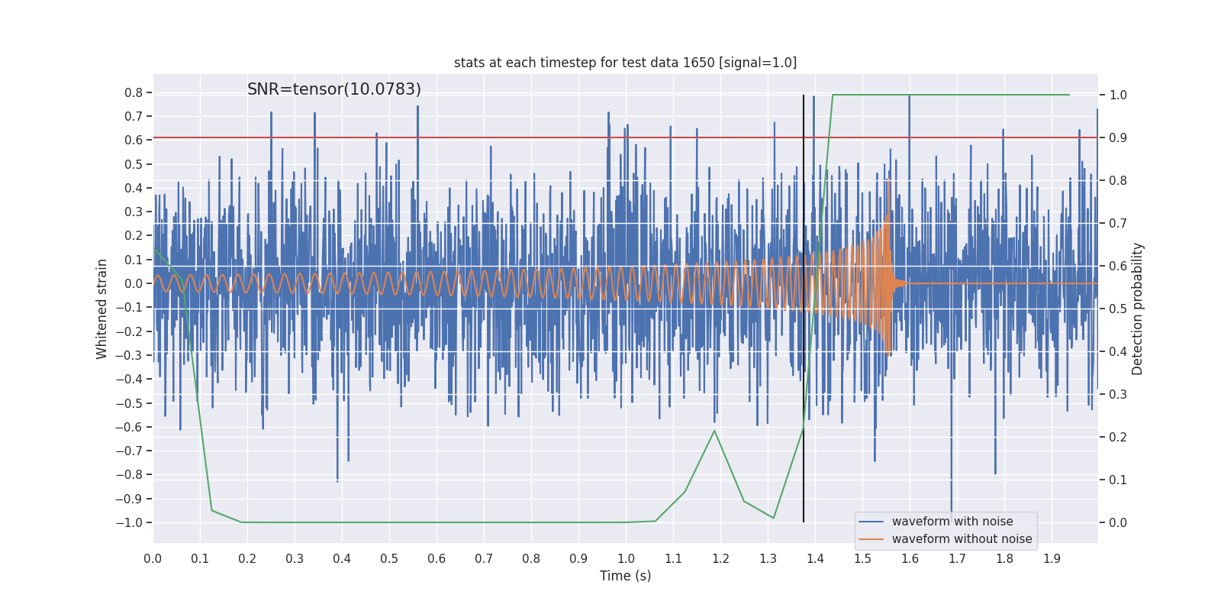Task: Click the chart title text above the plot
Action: click(x=625, y=63)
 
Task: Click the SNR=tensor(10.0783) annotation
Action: click(x=333, y=89)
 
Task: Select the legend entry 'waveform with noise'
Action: click(x=952, y=522)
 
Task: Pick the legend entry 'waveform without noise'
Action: click(x=962, y=539)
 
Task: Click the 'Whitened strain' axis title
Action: click(x=102, y=309)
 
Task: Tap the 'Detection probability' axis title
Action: click(x=1138, y=309)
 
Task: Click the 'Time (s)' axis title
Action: click(x=625, y=576)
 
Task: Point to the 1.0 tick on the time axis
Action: click(x=626, y=558)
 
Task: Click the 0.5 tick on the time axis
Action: click(x=389, y=558)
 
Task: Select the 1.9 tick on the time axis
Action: click(x=1052, y=558)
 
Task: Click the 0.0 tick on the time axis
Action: click(x=153, y=558)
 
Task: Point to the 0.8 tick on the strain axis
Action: click(x=134, y=92)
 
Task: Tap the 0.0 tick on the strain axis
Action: click(x=134, y=283)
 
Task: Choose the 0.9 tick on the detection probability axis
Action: click(x=1118, y=137)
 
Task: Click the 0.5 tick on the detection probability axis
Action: click(x=1118, y=309)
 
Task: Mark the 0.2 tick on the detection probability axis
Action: click(x=1118, y=437)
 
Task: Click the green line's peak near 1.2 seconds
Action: click(x=714, y=431)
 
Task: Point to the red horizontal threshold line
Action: click(x=534, y=137)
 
